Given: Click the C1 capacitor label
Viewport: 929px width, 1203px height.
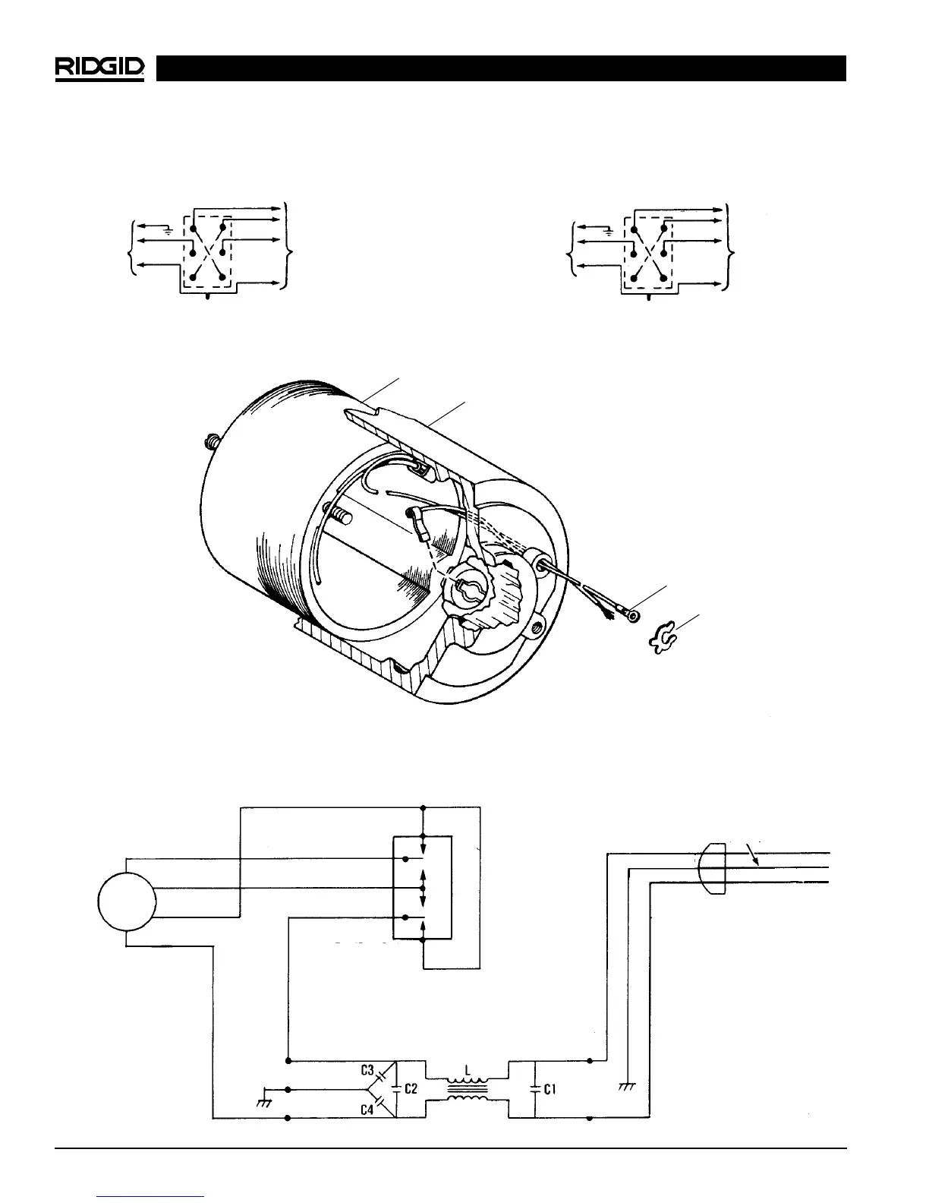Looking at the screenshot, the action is coord(550,1088).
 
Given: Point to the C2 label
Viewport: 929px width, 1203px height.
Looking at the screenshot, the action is coord(411,1088).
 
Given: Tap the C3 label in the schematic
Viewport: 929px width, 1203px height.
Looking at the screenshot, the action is coord(367,1071).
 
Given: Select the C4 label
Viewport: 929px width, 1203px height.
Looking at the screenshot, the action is coord(367,1108).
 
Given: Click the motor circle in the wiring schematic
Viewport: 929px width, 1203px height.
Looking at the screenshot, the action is coord(127,901).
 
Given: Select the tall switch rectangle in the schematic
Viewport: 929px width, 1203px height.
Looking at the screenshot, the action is coord(422,888).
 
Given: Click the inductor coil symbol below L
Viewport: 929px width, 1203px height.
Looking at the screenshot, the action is coord(468,1089).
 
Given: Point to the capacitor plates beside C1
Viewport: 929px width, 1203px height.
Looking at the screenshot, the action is coord(535,1088).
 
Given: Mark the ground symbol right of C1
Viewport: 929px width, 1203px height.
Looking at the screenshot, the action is coord(626,1086).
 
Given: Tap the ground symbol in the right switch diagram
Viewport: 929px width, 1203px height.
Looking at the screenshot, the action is coord(607,229).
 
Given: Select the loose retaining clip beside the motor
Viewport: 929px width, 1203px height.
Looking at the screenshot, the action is coord(662,638).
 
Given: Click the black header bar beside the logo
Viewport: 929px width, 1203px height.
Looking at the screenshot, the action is coord(501,68).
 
